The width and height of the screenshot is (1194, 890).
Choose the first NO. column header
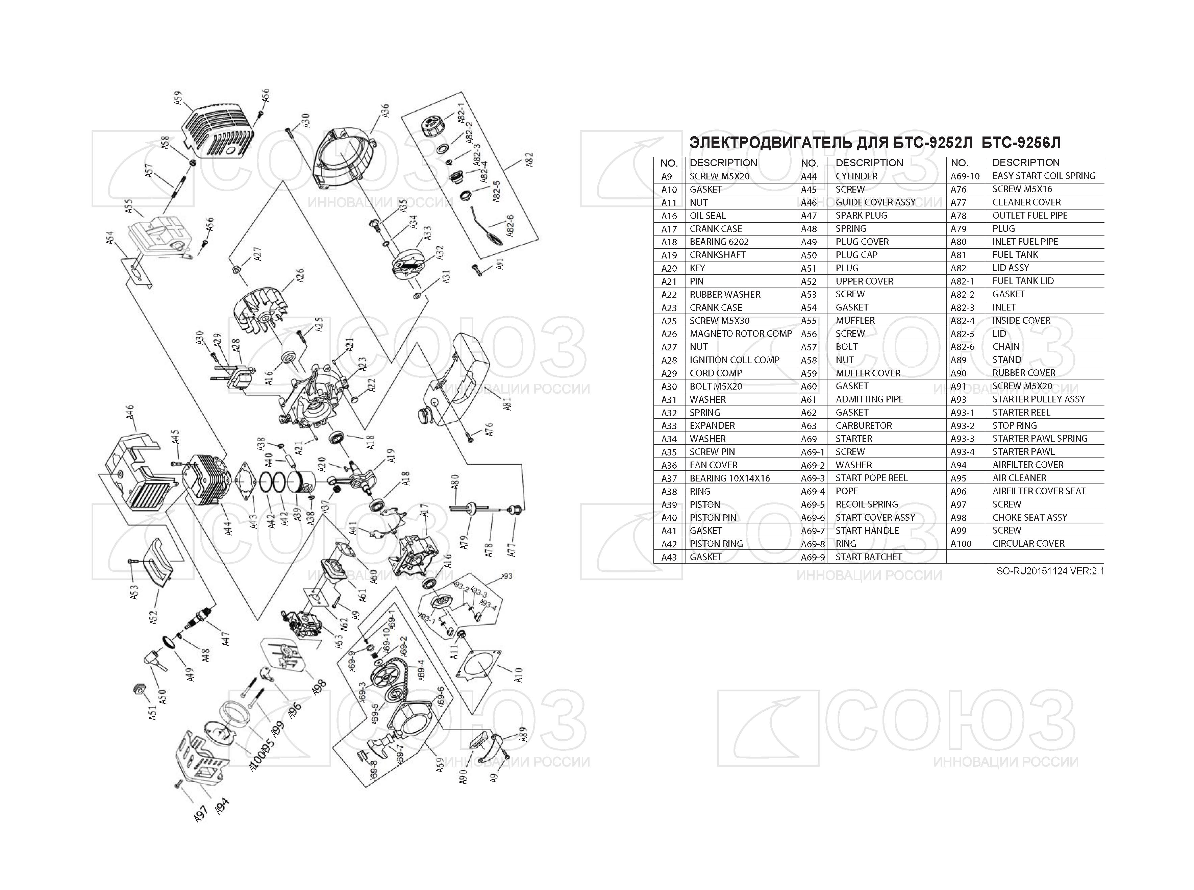click(669, 163)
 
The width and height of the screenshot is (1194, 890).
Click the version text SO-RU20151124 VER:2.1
click(1050, 571)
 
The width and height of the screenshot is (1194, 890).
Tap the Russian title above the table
click(875, 143)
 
